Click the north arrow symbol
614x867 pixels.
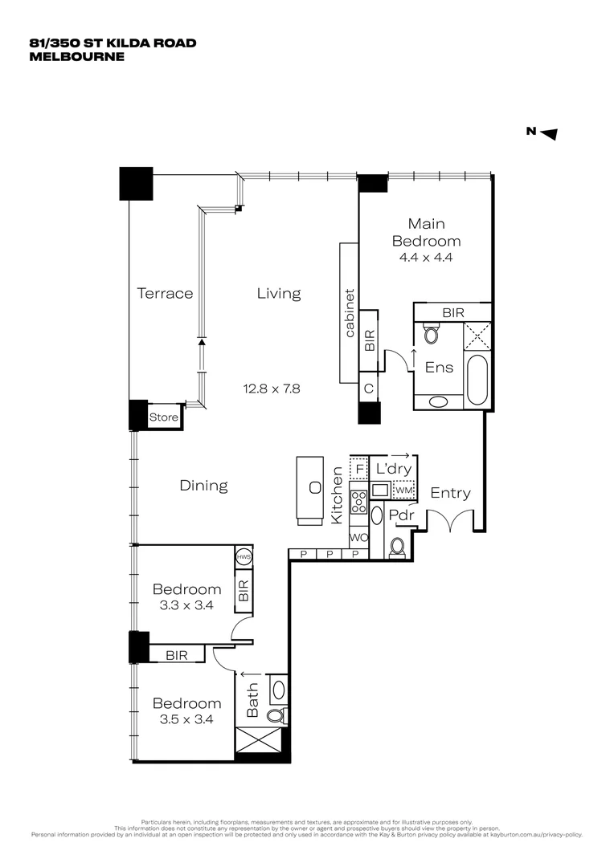point(549,134)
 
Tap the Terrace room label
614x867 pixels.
point(165,293)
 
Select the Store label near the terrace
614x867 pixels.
point(163,417)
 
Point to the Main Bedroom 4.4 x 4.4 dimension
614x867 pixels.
point(426,258)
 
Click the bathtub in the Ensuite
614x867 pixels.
point(476,381)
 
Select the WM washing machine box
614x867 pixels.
point(404,489)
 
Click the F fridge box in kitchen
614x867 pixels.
point(359,467)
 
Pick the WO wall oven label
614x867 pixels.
point(358,536)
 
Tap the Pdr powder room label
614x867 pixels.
point(400,515)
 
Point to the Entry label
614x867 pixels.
point(450,493)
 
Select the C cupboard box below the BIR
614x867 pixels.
point(369,387)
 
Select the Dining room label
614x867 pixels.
point(203,486)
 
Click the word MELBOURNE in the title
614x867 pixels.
point(77,57)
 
